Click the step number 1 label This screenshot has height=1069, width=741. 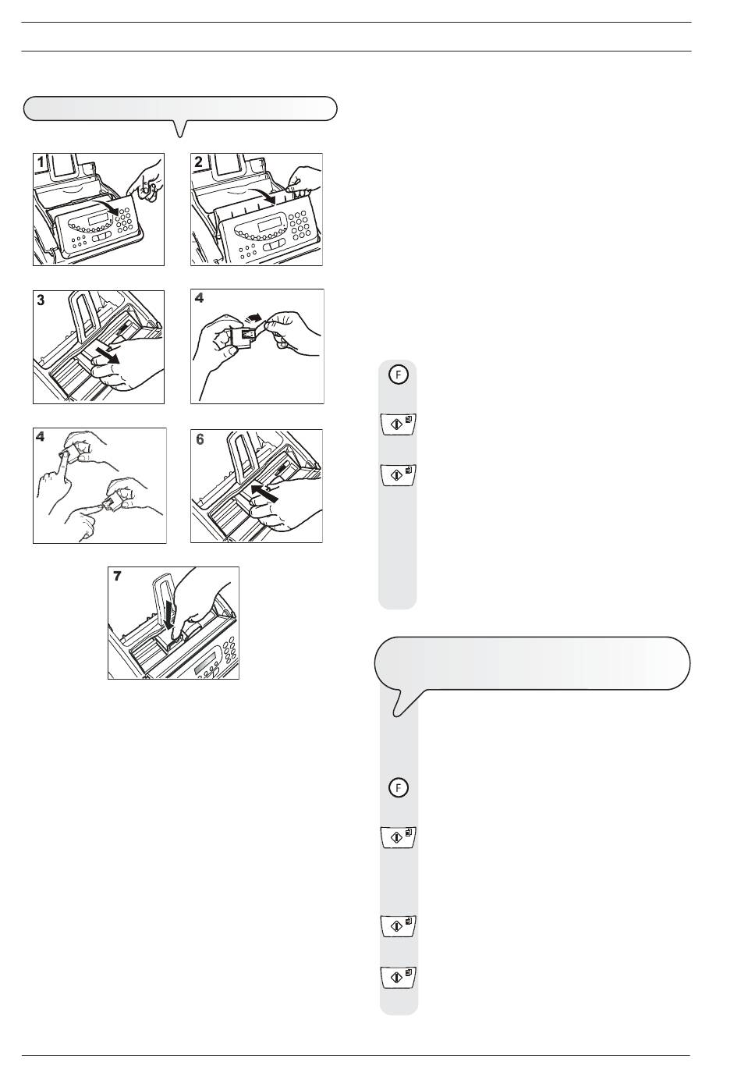click(x=41, y=162)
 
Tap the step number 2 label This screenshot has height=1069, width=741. click(x=198, y=162)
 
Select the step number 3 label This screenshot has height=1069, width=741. click(x=41, y=300)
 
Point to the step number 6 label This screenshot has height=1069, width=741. click(x=200, y=439)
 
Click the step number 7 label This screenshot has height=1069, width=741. click(x=117, y=576)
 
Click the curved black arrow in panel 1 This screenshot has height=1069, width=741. click(x=105, y=206)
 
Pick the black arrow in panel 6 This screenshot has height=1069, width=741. click(x=264, y=492)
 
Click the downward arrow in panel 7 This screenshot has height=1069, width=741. click(x=169, y=616)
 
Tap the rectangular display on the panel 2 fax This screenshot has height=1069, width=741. click(x=268, y=225)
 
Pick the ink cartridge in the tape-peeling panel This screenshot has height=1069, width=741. click(x=242, y=337)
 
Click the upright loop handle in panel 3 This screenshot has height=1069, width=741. click(x=85, y=315)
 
